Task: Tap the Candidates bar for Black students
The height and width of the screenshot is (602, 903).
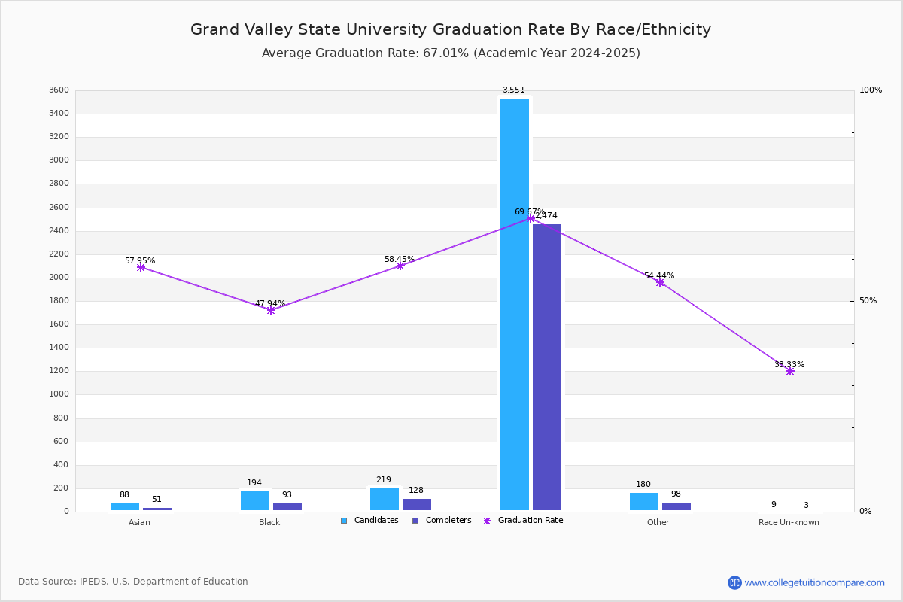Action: tap(255, 501)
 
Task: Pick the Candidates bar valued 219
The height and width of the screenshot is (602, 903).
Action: tap(385, 500)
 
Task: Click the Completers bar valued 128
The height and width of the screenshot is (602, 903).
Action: tap(417, 505)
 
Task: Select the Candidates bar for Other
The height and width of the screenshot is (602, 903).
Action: tap(644, 502)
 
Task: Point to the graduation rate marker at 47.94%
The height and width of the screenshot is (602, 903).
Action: tap(271, 310)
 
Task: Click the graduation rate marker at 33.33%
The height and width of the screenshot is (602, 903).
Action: tap(790, 371)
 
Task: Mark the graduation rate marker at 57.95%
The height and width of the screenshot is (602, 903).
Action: tap(141, 267)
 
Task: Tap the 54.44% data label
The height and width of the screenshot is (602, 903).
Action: tap(659, 276)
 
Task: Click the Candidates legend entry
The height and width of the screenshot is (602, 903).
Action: tap(369, 521)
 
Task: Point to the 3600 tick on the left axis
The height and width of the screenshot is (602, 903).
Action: tap(59, 90)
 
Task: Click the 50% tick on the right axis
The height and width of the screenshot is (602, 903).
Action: tap(868, 301)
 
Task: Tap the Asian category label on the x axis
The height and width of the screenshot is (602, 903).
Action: tap(139, 522)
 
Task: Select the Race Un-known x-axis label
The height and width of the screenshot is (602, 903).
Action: tap(789, 522)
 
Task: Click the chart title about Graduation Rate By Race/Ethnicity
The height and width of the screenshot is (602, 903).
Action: tap(451, 30)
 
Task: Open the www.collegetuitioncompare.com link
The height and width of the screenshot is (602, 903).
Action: tap(814, 582)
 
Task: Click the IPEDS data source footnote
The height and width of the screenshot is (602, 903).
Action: tap(133, 582)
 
